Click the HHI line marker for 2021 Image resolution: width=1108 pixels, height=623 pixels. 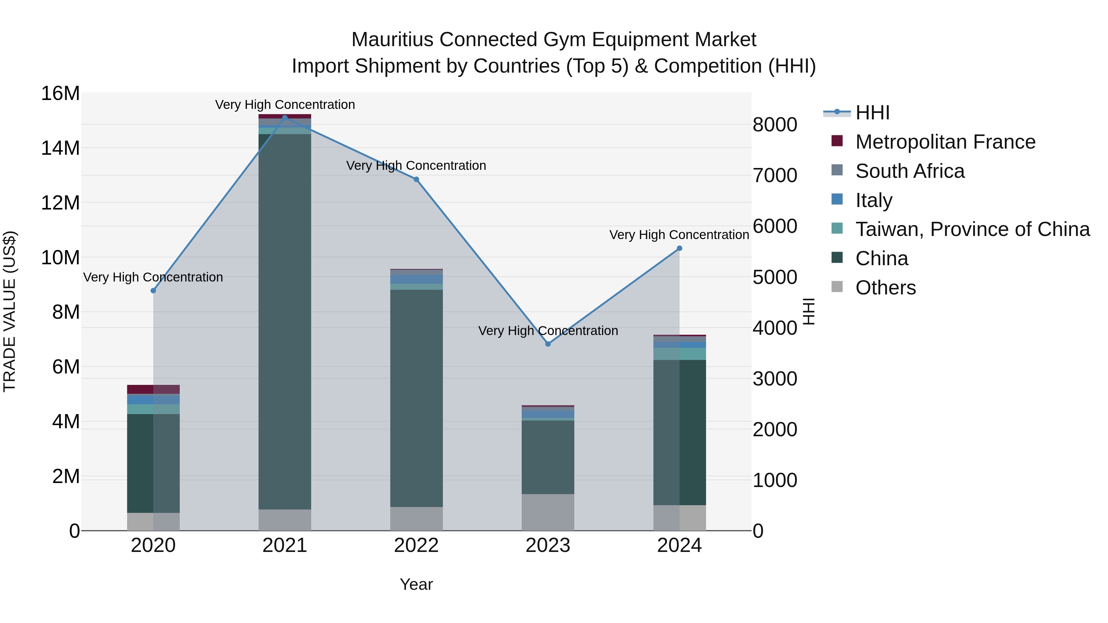tap(285, 118)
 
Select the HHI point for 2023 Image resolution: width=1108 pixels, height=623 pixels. tap(548, 344)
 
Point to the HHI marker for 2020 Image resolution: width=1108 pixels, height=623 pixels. tap(153, 291)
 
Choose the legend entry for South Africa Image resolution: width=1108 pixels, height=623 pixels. tap(910, 171)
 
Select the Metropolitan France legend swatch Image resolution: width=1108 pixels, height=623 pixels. tap(837, 141)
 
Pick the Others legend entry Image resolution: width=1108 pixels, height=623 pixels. tap(885, 288)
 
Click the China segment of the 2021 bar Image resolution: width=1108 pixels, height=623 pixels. tap(285, 321)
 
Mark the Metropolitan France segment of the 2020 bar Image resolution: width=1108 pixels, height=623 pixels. tap(153, 389)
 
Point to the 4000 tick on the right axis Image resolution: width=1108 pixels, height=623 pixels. tap(775, 328)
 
